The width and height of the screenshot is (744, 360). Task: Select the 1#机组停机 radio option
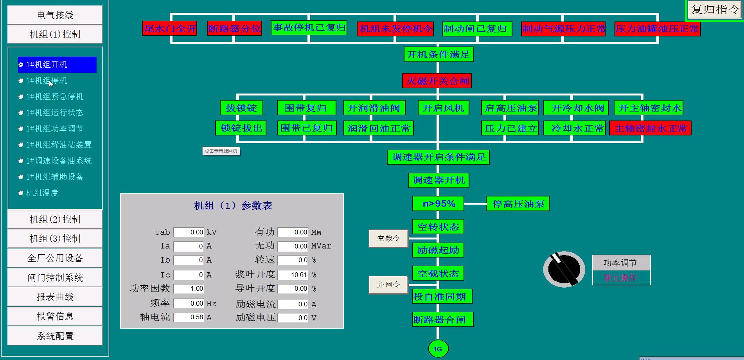point(47,81)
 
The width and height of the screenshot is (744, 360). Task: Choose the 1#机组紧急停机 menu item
point(54,97)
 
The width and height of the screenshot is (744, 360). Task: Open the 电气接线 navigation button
point(55,15)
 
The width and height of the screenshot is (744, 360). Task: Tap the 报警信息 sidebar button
point(55,316)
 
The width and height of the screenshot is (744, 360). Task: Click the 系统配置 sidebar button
point(55,336)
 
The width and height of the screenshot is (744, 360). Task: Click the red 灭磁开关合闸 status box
point(437,81)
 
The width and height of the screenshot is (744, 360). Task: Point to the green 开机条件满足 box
point(438,54)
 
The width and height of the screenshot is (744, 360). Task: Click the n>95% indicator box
point(438,204)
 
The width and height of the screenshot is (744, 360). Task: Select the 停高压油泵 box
point(518,204)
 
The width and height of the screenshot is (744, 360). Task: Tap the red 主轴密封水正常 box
point(650,128)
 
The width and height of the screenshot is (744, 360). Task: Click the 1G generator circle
point(438,349)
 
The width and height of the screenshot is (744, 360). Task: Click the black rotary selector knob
point(564,269)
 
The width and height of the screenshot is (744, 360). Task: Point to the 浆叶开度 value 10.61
point(293,275)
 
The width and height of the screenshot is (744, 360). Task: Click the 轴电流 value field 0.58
point(189,317)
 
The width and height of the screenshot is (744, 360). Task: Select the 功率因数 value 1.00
point(189,289)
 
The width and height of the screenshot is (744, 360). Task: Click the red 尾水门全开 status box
point(170,29)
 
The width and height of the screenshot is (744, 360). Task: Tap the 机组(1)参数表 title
point(233,206)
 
